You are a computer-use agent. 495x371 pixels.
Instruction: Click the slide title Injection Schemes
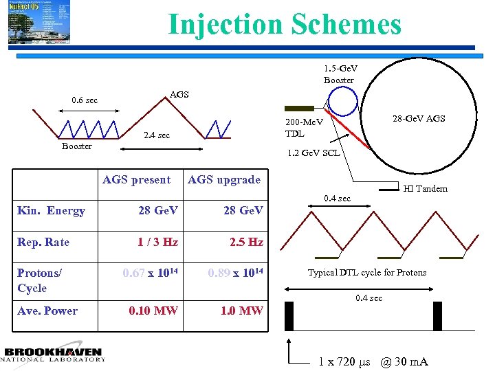click(x=285, y=25)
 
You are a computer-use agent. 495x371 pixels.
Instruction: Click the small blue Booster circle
click(x=342, y=102)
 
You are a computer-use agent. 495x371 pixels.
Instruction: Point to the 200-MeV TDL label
click(x=300, y=128)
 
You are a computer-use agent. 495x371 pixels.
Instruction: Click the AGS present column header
click(x=136, y=180)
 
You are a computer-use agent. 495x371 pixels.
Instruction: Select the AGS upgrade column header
click(x=224, y=180)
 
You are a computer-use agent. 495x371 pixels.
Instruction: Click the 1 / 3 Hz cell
click(x=157, y=243)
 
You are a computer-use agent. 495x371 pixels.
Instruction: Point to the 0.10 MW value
click(x=153, y=311)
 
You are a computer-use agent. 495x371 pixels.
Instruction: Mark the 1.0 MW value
click(x=241, y=311)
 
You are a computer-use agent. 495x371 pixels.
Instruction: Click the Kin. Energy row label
click(x=51, y=210)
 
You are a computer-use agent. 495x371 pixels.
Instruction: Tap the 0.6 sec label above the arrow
click(x=85, y=100)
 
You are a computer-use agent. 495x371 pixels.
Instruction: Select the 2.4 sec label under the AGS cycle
click(x=156, y=135)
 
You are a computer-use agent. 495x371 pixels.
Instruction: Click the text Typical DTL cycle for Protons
click(x=366, y=273)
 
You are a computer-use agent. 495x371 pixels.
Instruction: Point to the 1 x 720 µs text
click(x=344, y=361)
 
